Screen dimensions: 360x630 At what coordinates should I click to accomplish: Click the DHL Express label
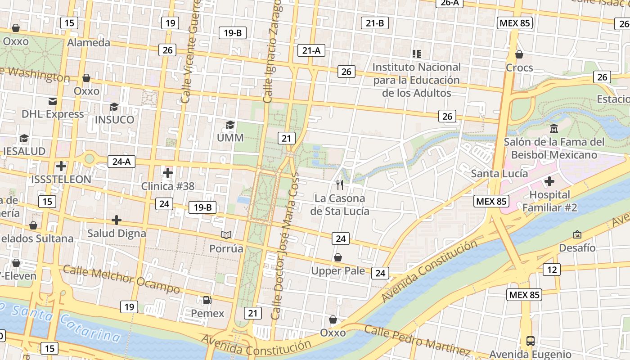coord(53,114)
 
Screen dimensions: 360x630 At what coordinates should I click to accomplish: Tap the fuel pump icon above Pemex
coord(207,300)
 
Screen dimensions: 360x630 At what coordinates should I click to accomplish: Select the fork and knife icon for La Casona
coord(340,184)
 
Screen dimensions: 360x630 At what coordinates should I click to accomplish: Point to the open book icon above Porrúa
coord(226,235)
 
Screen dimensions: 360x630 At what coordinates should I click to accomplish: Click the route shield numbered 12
coord(551,270)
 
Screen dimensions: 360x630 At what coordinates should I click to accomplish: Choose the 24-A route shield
coord(121,162)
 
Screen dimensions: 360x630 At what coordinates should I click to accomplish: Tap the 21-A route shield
coord(311,50)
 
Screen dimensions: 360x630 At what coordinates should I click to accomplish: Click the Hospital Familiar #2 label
coord(549,201)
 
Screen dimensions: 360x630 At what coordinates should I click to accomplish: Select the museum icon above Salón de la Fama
coord(554,129)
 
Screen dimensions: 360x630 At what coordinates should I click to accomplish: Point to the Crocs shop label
coord(519,67)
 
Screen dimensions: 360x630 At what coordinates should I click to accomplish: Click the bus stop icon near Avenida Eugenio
coord(531,341)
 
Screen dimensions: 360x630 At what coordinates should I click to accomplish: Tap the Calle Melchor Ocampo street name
coord(121,279)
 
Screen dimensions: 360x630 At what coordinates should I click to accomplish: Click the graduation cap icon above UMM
coord(230,125)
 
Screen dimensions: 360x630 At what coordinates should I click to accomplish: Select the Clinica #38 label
coord(168,186)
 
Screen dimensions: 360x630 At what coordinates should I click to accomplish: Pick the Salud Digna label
coord(117,233)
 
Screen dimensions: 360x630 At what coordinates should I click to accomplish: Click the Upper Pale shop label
coord(338,270)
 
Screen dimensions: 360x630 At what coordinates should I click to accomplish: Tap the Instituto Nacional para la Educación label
coord(417,80)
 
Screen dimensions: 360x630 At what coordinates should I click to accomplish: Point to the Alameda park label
coord(89,42)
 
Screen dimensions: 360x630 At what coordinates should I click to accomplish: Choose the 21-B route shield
coord(375,23)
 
